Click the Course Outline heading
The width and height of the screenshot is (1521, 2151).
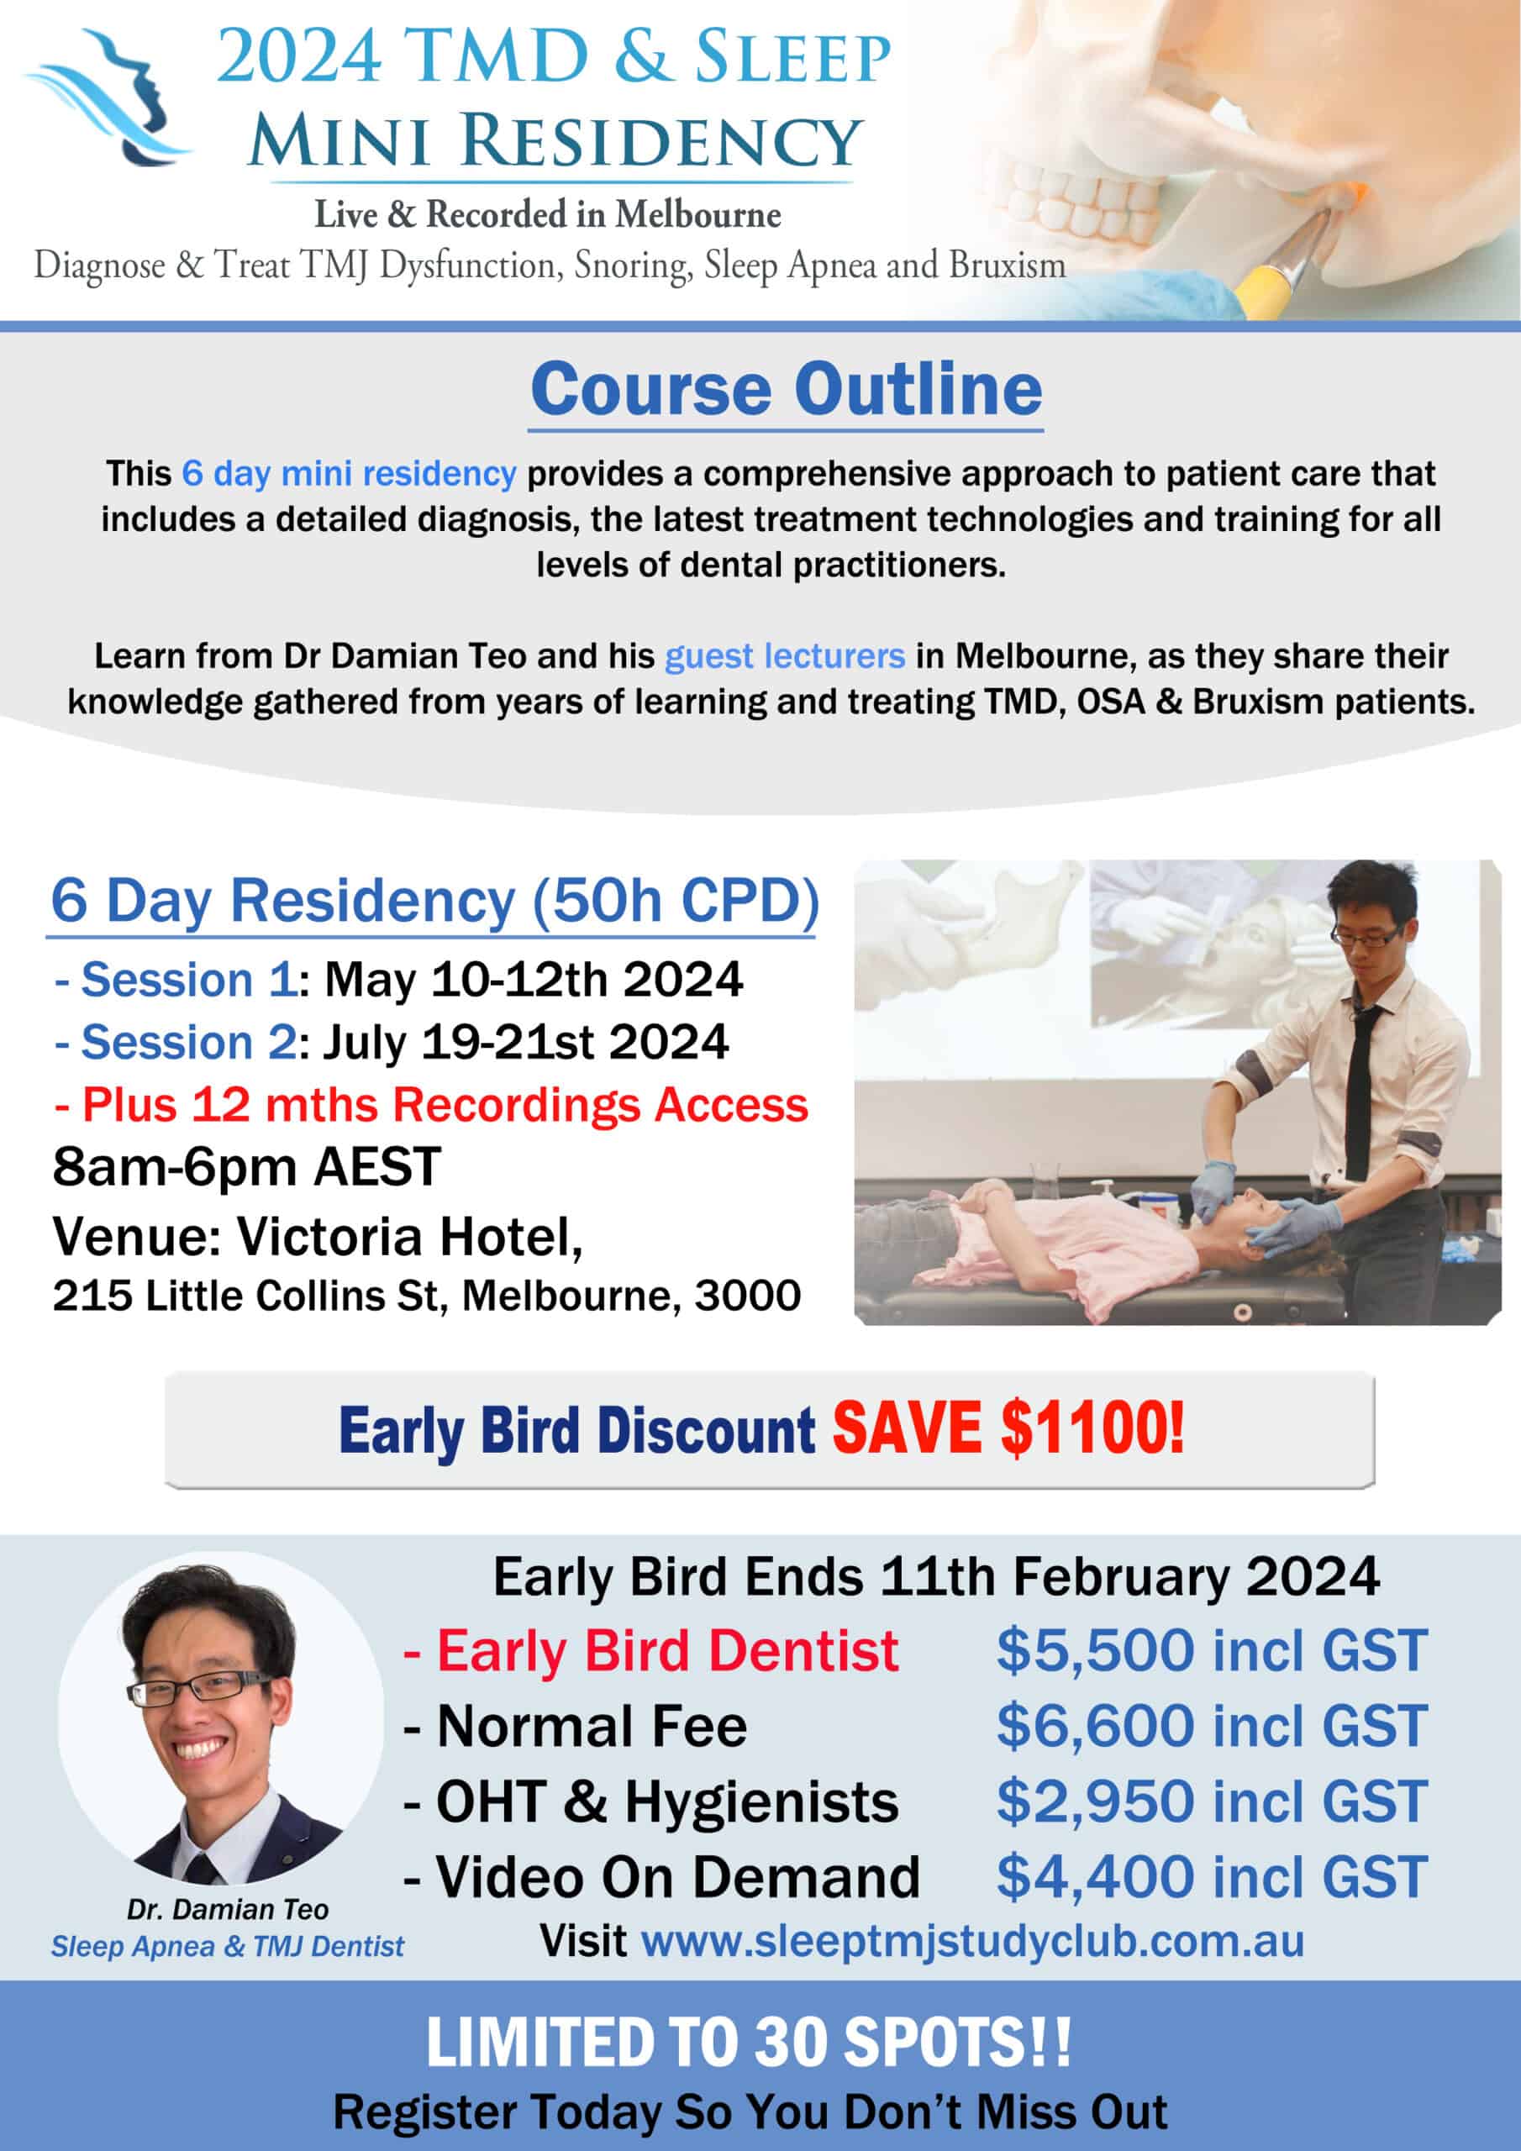[x=787, y=390]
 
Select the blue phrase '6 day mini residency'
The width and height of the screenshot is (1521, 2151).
[x=349, y=474]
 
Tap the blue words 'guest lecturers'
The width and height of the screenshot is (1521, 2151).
[x=784, y=655]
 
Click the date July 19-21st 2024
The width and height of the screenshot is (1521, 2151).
[x=526, y=1043]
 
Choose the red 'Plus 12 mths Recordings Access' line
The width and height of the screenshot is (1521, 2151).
[x=431, y=1105]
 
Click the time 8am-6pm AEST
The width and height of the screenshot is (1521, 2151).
[x=246, y=1167]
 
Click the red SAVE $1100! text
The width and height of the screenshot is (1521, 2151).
[x=1008, y=1429]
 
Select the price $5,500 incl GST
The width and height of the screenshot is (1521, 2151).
[x=1212, y=1651]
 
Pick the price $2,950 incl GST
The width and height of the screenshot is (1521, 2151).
[x=1212, y=1801]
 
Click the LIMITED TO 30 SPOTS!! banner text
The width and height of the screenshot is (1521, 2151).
[x=749, y=2043]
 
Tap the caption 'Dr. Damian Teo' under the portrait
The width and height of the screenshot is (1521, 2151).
[x=228, y=1909]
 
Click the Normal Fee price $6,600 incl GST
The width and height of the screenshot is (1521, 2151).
[x=1212, y=1726]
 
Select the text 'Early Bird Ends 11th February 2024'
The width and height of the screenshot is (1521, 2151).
[x=936, y=1578]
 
